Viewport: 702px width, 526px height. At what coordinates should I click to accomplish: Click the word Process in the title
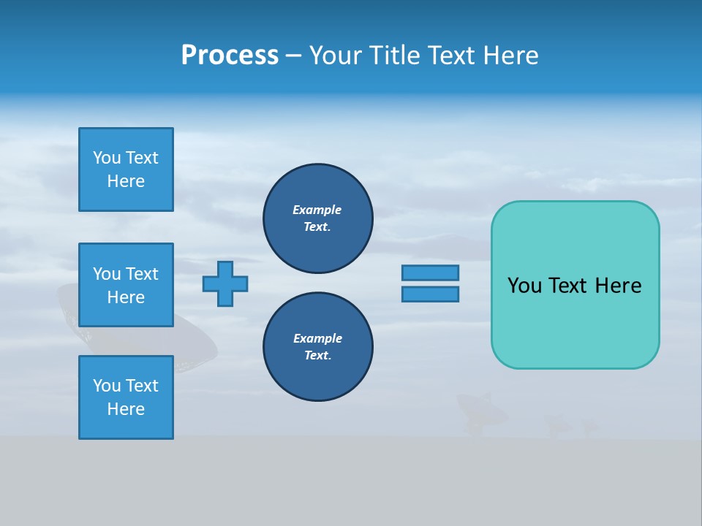tap(230, 56)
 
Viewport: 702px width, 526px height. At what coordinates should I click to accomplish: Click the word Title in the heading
tap(396, 56)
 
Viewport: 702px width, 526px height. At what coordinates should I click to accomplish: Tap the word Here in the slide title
tap(510, 56)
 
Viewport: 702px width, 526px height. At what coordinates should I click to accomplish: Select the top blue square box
tap(126, 169)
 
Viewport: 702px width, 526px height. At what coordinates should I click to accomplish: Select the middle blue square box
tap(126, 285)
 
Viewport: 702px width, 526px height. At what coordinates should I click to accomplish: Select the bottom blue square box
tap(126, 397)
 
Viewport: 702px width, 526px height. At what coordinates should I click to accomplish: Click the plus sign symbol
tap(225, 283)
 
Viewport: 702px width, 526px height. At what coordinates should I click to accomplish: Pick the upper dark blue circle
tap(318, 218)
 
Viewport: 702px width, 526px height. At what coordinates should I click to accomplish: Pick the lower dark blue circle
tap(318, 347)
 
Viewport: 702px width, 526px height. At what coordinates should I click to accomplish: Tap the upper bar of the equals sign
tap(430, 272)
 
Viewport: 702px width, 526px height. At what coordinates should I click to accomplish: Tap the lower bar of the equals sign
tap(430, 294)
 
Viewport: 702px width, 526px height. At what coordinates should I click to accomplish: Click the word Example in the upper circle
tap(317, 210)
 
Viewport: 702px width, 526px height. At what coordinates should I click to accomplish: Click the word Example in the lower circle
tap(317, 338)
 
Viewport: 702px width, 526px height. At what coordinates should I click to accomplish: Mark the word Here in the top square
tap(126, 181)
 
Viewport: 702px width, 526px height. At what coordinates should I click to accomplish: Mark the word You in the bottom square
tap(106, 386)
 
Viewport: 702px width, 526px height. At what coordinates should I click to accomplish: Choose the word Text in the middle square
tap(141, 274)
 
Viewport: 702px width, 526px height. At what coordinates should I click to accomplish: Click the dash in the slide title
tap(293, 56)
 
